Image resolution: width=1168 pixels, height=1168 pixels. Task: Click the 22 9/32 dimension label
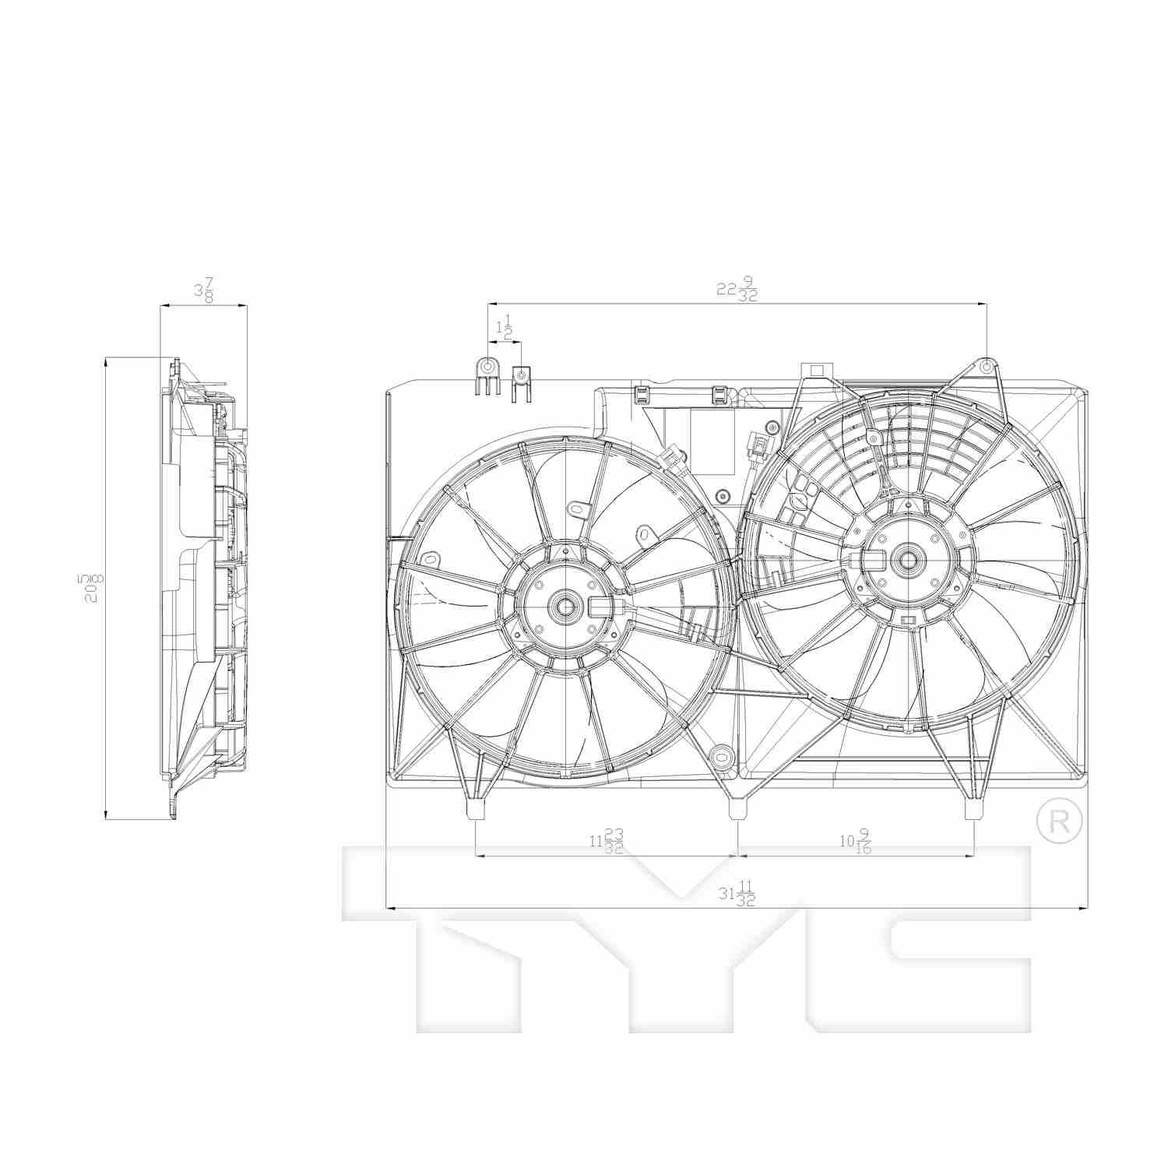tap(737, 290)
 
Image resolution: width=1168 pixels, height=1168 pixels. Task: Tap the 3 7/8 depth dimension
tap(204, 291)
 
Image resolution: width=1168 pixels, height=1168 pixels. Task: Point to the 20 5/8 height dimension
tap(93, 589)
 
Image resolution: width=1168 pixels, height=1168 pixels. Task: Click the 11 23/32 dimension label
tap(607, 842)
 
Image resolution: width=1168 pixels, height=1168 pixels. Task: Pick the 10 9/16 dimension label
tap(856, 842)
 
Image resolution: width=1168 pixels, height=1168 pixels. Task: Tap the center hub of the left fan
tap(564, 605)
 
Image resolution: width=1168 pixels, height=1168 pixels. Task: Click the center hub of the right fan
tap(906, 559)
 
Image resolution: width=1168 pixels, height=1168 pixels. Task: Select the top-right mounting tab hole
tap(986, 366)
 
